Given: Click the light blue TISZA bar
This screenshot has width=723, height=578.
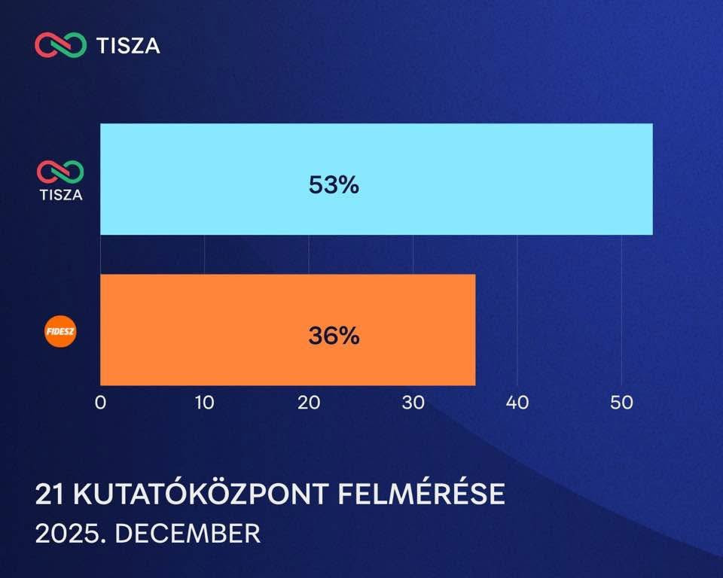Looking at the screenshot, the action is (377, 179).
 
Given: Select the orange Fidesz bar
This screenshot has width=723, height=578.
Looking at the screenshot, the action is (288, 330).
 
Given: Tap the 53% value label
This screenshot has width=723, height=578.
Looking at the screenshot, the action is (334, 185).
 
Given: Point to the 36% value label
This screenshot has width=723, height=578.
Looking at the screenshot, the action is (334, 336).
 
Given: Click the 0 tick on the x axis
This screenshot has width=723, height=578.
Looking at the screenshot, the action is (100, 403).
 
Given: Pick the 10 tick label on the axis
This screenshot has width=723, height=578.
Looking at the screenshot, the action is (204, 403).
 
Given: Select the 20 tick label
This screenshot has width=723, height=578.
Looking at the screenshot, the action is (309, 403).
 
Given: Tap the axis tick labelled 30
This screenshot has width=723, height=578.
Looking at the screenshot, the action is (413, 403).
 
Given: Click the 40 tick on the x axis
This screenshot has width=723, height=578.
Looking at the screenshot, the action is (517, 403).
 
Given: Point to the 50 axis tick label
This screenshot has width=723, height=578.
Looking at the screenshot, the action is (621, 403).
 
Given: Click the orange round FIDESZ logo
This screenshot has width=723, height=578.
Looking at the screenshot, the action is (60, 331).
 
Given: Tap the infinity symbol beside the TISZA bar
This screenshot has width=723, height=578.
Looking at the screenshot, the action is (60, 172).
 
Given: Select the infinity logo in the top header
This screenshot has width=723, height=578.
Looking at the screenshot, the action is (60, 44).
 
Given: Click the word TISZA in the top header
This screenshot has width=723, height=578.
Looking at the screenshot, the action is (128, 46).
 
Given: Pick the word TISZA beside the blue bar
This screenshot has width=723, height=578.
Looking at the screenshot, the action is (61, 195).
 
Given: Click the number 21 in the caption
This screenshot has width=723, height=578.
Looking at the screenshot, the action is (50, 494).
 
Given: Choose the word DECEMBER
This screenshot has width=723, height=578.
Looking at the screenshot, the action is (188, 534).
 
